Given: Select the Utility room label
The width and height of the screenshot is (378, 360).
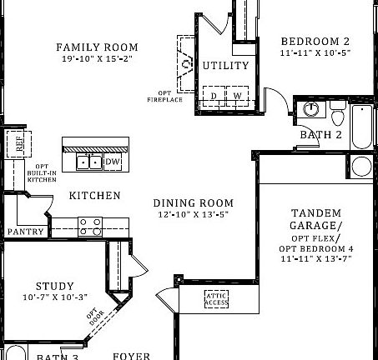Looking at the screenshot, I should (x=225, y=65).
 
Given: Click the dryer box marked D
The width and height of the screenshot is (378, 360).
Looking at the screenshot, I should (x=214, y=97).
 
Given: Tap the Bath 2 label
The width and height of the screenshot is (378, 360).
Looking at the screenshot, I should (x=320, y=135).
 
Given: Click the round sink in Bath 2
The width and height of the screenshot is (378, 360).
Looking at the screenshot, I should (x=311, y=109).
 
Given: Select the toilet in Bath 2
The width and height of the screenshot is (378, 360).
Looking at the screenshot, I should (x=337, y=112).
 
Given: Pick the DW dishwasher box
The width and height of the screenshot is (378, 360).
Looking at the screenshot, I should (x=113, y=161).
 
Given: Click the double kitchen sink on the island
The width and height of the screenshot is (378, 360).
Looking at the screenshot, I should (x=89, y=162).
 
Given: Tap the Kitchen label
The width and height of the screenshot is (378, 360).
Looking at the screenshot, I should (x=94, y=196).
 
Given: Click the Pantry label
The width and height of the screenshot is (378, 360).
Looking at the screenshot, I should (x=25, y=232).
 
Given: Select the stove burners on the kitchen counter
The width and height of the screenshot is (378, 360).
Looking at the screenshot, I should (x=90, y=225).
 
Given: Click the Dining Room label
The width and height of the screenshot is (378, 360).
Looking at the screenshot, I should (x=193, y=202).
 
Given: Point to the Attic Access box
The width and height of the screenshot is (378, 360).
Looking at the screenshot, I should (x=216, y=298).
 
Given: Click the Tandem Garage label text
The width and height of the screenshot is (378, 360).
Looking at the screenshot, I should (x=315, y=219).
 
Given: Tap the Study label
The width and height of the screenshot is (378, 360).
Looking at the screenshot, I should (x=54, y=285).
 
